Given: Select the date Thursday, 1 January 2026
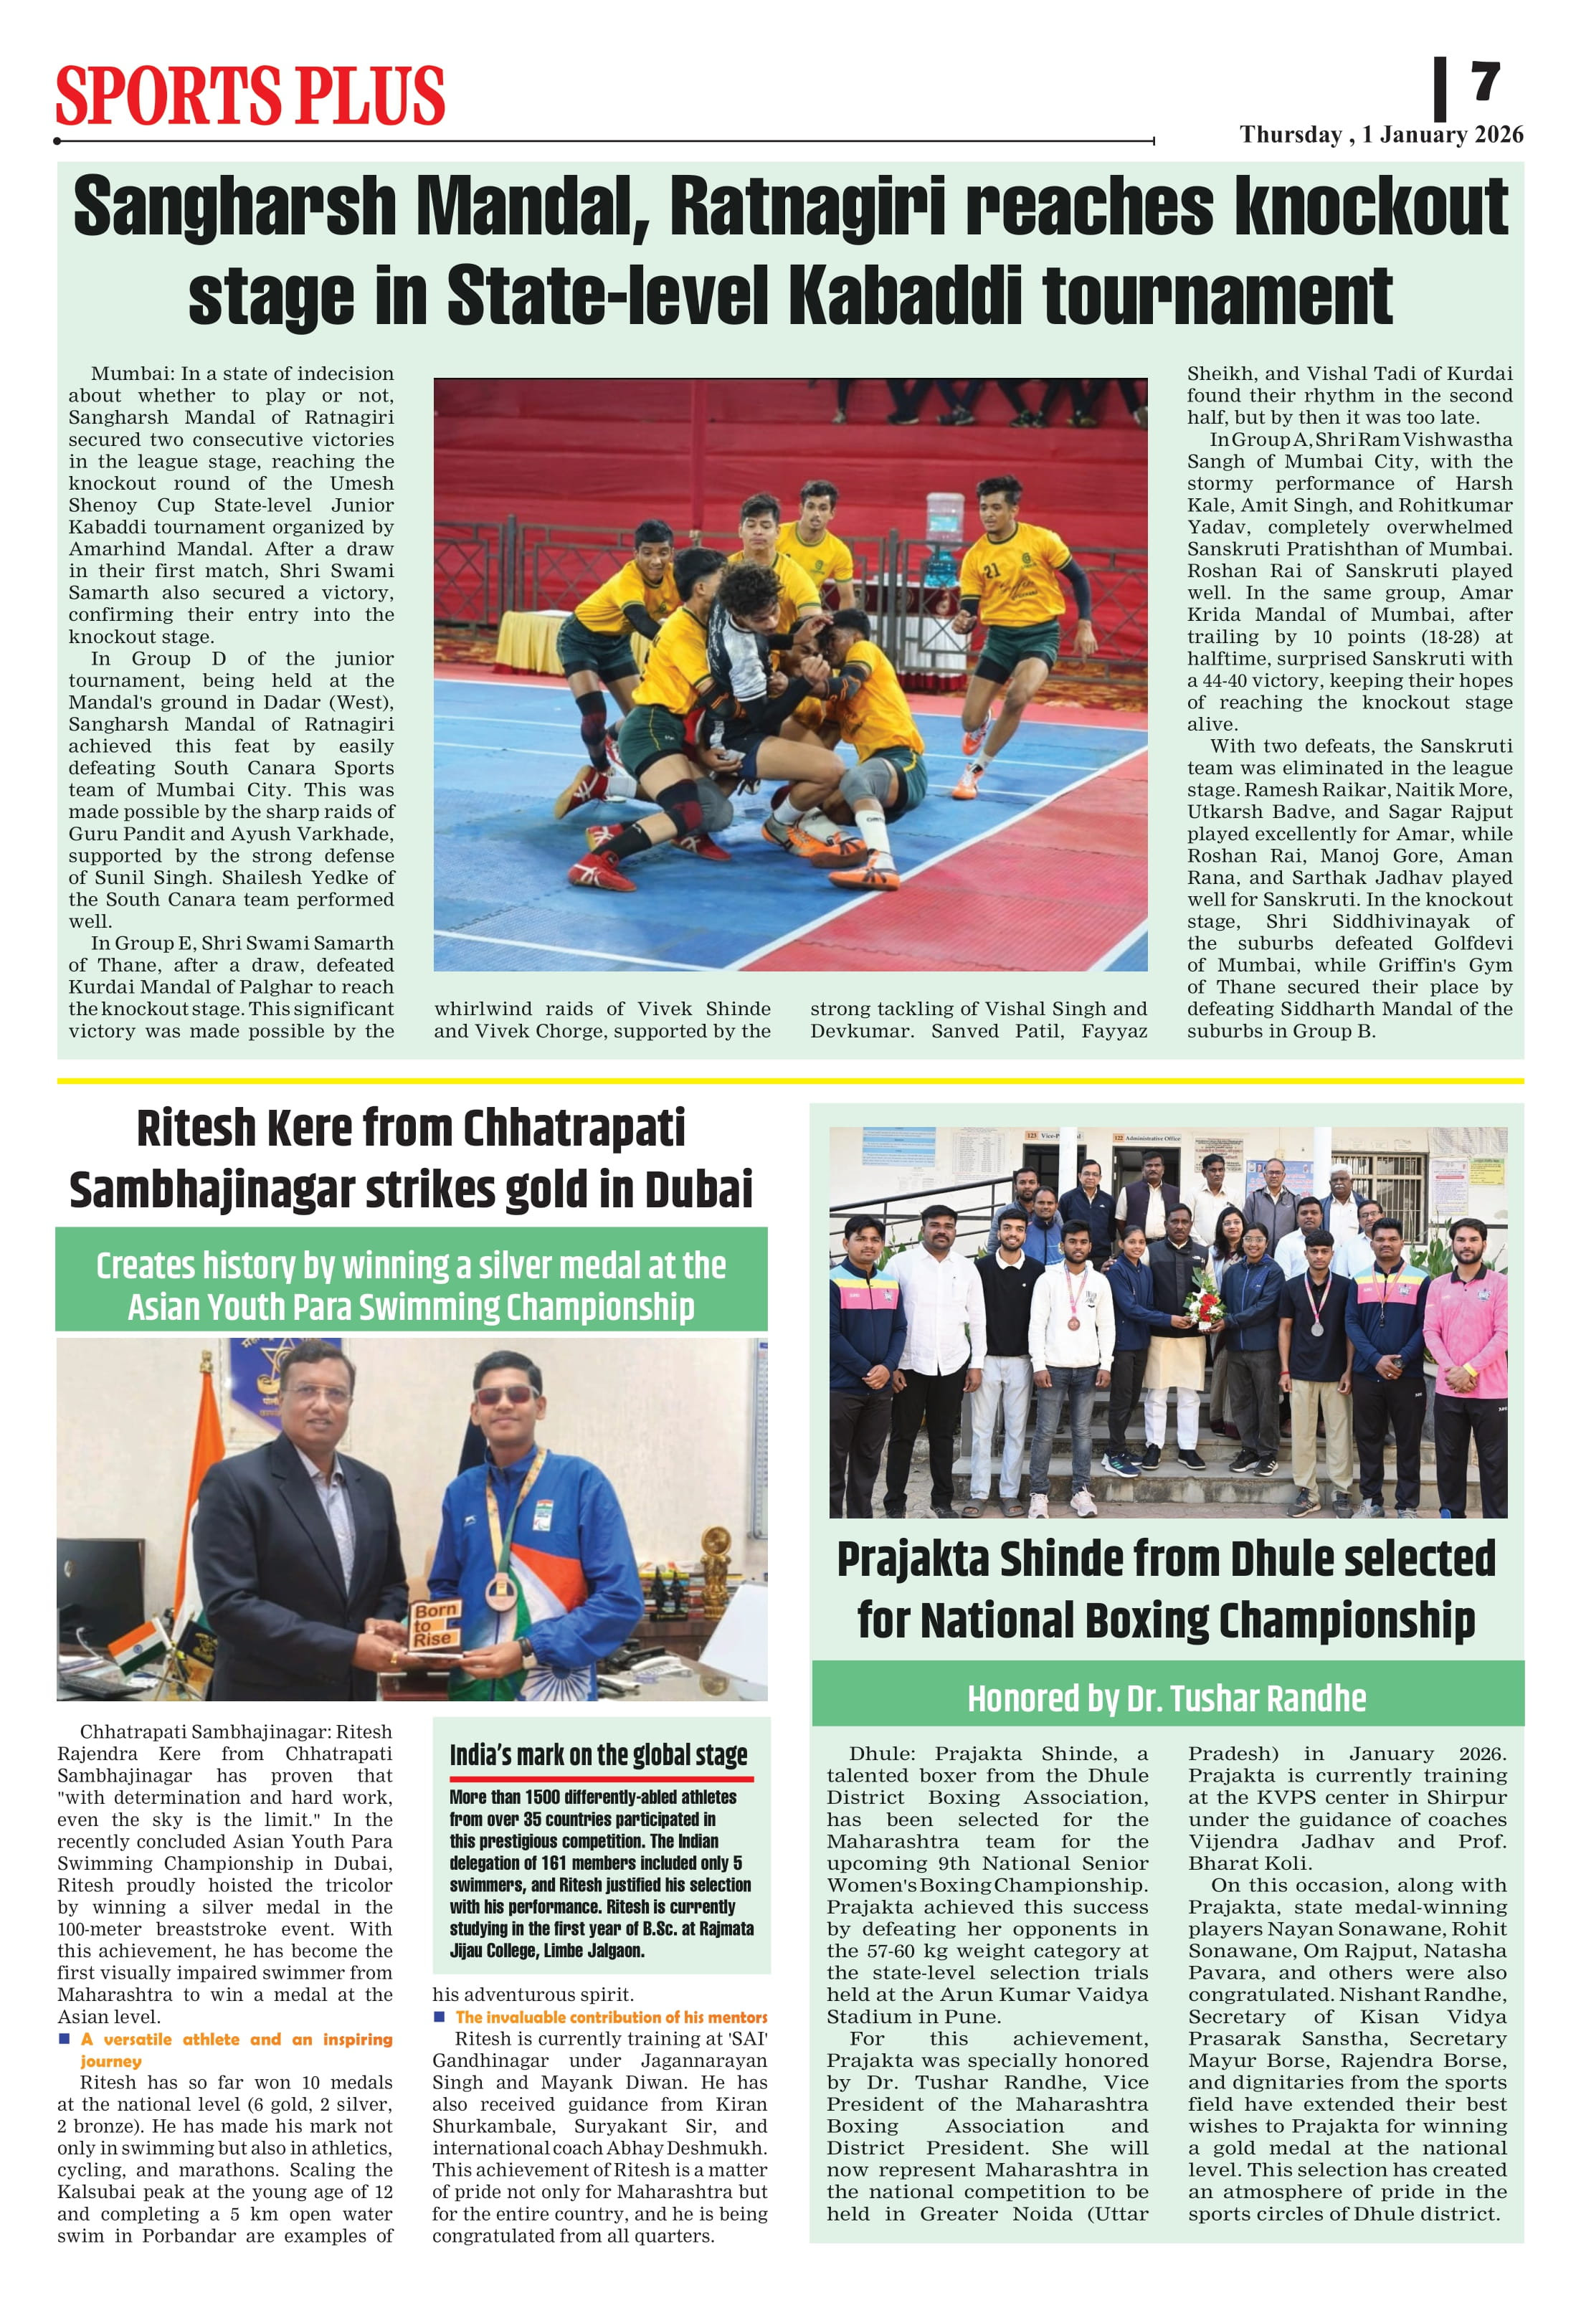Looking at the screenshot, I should [1381, 136].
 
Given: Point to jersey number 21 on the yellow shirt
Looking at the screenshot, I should [991, 571].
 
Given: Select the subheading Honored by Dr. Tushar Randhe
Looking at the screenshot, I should [1167, 1698].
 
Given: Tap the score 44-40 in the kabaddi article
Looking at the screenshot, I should [1236, 680].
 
